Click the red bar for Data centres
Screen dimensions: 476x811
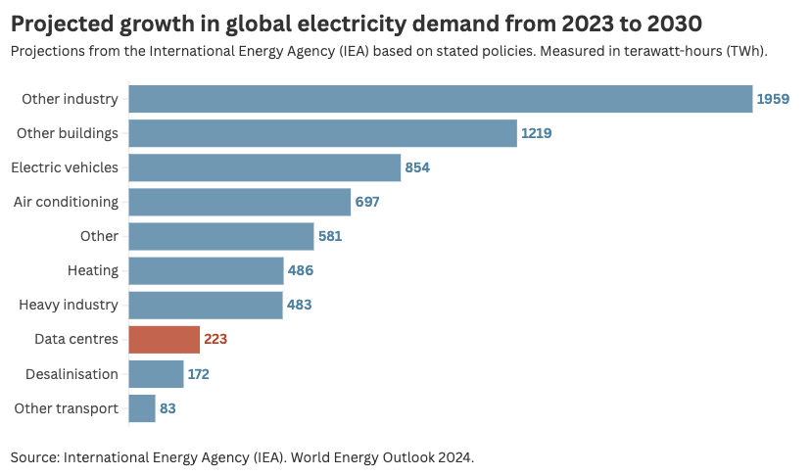coord(164,340)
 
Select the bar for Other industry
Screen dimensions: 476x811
coord(440,99)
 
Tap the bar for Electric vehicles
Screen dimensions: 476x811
coord(264,167)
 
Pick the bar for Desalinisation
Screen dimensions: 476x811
coord(156,374)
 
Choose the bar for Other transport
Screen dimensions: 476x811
coord(142,408)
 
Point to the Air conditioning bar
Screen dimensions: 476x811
coord(239,202)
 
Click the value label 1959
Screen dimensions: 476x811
coord(773,99)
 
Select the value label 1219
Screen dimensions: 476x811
coord(537,133)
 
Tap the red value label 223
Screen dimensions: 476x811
coord(215,340)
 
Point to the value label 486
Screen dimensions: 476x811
coord(301,270)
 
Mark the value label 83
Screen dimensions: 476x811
coord(167,408)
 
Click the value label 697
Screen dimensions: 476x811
coord(367,202)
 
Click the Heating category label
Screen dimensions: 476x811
coord(93,270)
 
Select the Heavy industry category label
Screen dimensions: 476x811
coord(69,305)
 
